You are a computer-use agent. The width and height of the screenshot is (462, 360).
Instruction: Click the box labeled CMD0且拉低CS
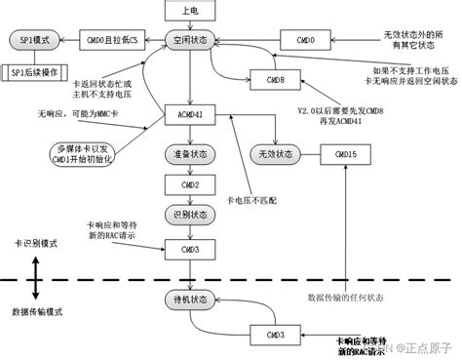[x=109, y=41]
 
